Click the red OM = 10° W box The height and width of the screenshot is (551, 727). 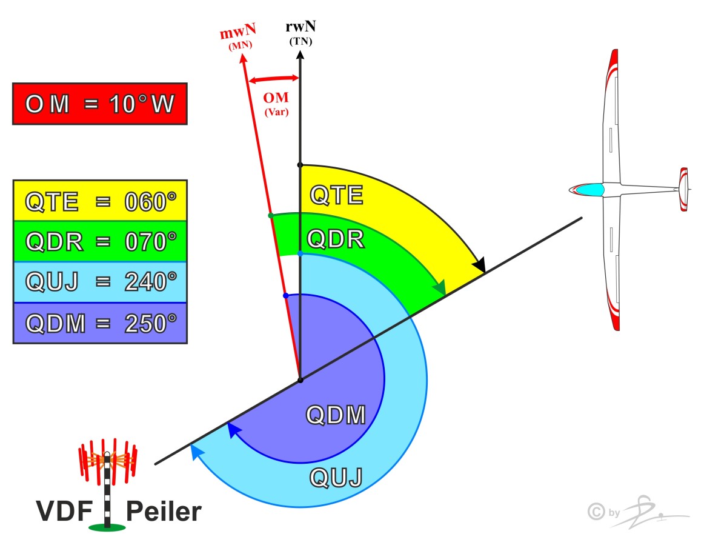click(x=99, y=104)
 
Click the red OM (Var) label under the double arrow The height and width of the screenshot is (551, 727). click(x=276, y=103)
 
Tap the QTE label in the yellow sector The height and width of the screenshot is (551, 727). click(x=336, y=195)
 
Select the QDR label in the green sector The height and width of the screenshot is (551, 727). click(x=336, y=239)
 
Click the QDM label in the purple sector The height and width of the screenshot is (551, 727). click(x=336, y=416)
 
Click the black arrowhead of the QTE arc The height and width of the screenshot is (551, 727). click(x=480, y=265)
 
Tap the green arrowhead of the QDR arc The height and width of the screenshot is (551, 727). click(x=440, y=287)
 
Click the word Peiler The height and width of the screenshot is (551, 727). click(x=164, y=512)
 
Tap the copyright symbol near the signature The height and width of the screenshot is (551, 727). click(x=597, y=512)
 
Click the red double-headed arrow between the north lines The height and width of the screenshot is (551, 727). click(x=275, y=78)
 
